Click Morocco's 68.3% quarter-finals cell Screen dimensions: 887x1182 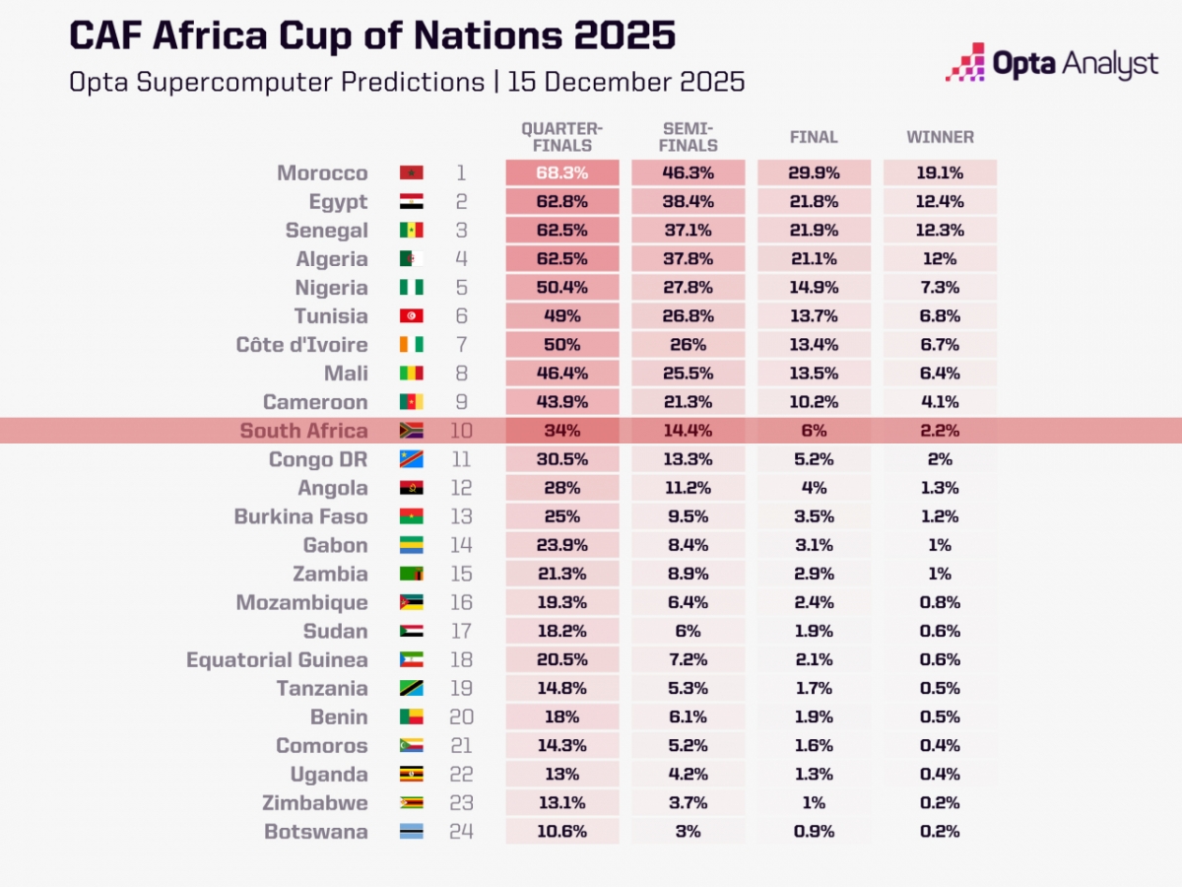coord(562,173)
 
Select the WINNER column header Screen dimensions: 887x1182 coord(940,138)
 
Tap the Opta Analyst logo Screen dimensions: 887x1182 coord(1052,64)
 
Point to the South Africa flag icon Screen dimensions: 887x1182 coord(411,431)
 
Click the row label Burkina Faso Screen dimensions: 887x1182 coord(300,516)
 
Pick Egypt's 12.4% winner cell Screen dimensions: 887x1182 coord(940,202)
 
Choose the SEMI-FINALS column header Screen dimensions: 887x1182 coord(689,138)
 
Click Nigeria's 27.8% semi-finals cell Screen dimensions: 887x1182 coord(689,288)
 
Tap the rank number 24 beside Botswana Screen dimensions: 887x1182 coord(461,832)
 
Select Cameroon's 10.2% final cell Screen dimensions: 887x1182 coord(814,402)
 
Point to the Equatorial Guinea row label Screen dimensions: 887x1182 coord(277,660)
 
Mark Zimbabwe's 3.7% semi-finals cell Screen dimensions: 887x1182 coord(689,803)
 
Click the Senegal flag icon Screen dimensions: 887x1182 coord(411,231)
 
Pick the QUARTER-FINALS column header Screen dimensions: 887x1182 coord(562,138)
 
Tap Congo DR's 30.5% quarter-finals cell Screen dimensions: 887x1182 coord(562,459)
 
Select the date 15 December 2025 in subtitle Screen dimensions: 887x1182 coord(625,81)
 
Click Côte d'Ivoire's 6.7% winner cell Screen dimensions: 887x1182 coord(940,345)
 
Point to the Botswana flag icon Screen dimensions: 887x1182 coord(411,832)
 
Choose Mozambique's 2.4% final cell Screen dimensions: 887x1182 coord(814,603)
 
